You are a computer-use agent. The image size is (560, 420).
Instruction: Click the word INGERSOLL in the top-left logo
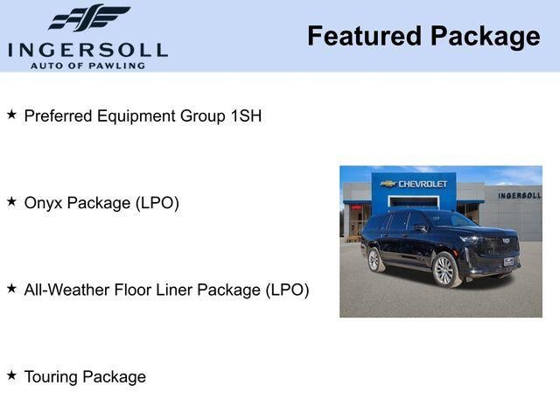87,49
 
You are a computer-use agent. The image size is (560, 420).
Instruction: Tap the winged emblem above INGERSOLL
89,17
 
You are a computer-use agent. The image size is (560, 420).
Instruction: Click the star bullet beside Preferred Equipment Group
11,115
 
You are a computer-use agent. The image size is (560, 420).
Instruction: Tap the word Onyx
44,203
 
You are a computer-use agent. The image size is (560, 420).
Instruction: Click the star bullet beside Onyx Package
11,201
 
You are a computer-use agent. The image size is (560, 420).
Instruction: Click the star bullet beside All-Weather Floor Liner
11,288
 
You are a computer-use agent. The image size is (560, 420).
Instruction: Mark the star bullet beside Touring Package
11,375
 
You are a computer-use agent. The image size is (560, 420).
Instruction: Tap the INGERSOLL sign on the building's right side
519,195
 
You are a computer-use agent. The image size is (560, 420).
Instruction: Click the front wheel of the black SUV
444,270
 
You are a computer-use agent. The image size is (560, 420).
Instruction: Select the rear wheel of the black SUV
374,260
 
